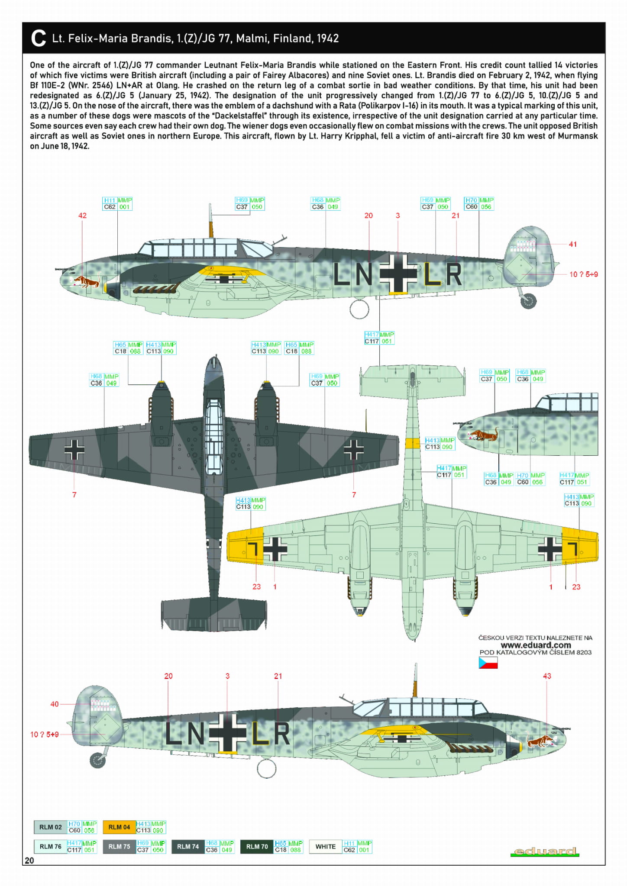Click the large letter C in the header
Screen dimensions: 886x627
39,39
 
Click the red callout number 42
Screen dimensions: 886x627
82,216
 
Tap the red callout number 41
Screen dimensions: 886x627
572,245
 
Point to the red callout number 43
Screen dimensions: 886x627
547,676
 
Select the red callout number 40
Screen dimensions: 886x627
55,704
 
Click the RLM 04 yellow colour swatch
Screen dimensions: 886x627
119,827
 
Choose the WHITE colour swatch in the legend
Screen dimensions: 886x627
325,847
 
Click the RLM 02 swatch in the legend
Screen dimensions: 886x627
50,827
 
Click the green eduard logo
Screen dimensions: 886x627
544,852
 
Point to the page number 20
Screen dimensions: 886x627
29,860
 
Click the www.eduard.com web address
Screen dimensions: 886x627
536,645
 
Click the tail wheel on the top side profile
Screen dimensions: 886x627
528,300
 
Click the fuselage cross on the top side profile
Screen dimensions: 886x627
398,274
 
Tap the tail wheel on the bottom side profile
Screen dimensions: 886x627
97,760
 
